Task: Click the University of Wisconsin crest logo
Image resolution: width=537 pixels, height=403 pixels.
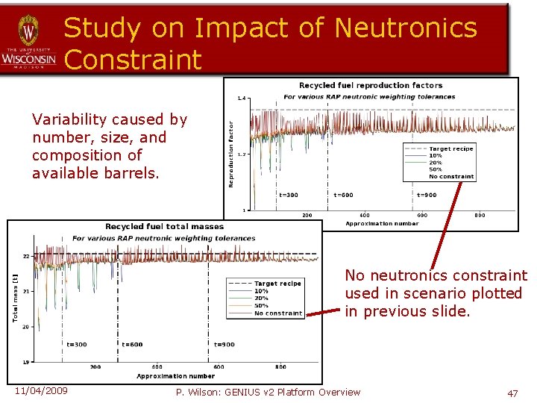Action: [x=28, y=32]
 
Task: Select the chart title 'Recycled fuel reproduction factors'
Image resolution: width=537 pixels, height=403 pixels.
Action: [x=371, y=86]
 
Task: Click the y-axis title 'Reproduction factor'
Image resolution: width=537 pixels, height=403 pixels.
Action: [x=231, y=154]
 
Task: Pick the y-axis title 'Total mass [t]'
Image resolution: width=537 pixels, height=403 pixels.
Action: [x=15, y=299]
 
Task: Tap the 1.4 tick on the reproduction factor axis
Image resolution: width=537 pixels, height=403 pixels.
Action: [x=241, y=98]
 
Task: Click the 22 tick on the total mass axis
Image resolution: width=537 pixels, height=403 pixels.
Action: [x=25, y=256]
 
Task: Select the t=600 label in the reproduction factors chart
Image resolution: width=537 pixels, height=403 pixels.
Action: [x=344, y=195]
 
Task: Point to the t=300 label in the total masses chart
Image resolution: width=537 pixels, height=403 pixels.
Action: [x=77, y=344]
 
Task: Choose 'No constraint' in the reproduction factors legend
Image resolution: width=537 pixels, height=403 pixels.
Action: [x=451, y=177]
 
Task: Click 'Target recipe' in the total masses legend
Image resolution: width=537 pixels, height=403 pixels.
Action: [x=277, y=284]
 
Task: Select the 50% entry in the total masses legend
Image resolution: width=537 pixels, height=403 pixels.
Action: [x=262, y=306]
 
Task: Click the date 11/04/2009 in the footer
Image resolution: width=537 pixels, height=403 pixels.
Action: [x=40, y=392]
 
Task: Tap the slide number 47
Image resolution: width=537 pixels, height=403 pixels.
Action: [x=512, y=393]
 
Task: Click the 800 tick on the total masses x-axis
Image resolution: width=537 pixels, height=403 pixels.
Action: [x=280, y=367]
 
